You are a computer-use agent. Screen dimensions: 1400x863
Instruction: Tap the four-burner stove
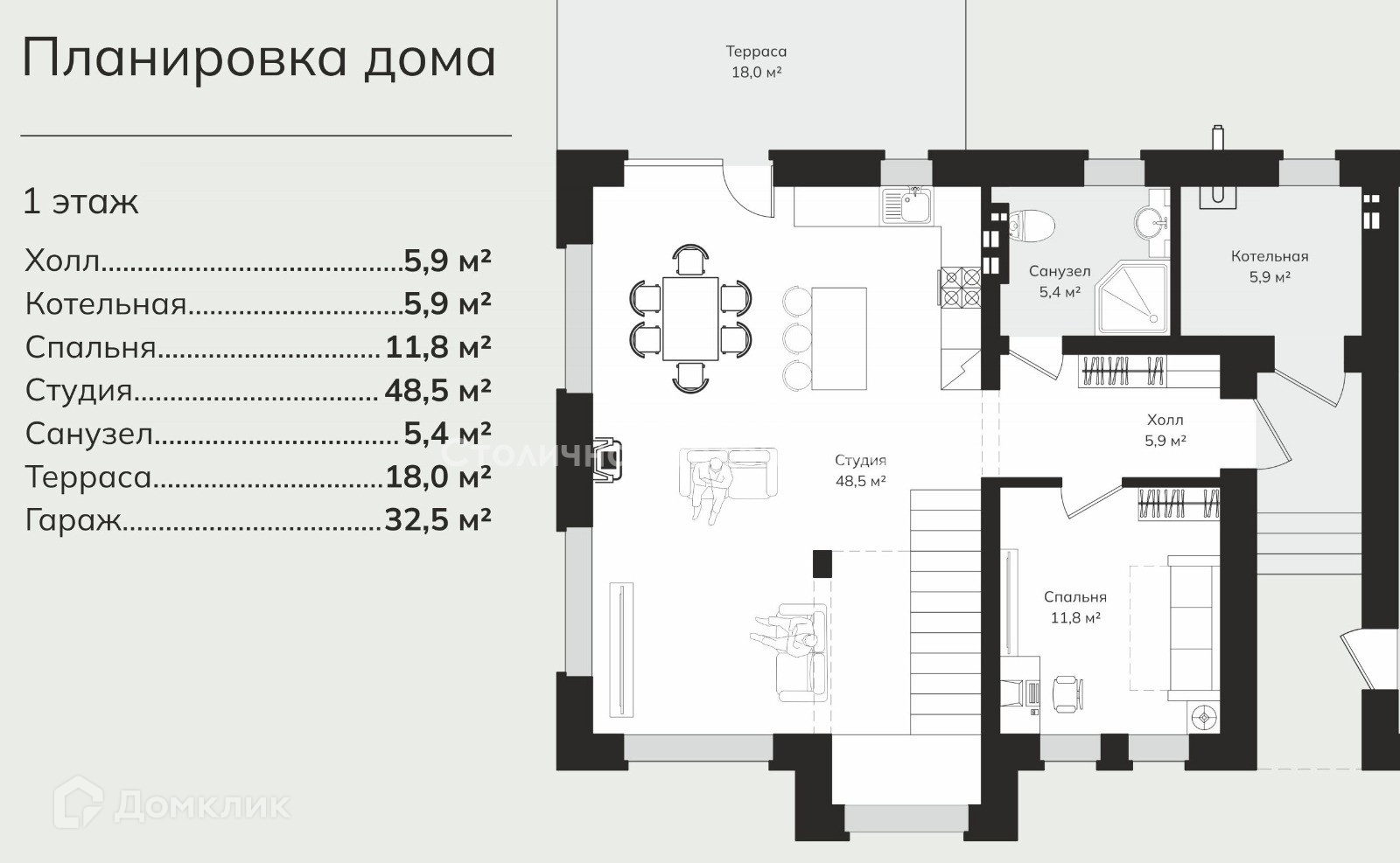[962, 287]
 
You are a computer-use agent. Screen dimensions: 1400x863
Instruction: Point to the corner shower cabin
[1131, 297]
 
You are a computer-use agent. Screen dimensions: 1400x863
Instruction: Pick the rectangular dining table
[690, 318]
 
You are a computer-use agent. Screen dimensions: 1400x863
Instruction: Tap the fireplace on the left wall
[607, 459]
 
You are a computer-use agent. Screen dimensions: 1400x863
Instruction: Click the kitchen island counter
[839, 338]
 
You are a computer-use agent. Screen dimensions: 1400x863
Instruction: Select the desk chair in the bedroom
[1067, 693]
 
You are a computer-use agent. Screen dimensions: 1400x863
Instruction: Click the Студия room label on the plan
[861, 460]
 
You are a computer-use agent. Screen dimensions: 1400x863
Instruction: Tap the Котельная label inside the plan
[1270, 256]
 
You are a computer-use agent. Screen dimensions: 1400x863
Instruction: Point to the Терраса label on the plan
[756, 52]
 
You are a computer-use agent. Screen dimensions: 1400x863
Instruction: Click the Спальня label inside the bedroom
[1075, 597]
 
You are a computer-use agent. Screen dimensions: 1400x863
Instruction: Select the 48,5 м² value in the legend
[437, 390]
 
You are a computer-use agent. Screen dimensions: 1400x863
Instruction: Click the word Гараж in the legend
[73, 519]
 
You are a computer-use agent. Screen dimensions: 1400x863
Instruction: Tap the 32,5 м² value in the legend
[437, 519]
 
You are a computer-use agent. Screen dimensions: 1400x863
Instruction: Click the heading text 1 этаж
[80, 202]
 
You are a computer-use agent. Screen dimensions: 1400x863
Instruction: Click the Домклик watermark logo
[171, 805]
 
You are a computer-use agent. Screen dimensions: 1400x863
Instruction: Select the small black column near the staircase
[822, 563]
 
